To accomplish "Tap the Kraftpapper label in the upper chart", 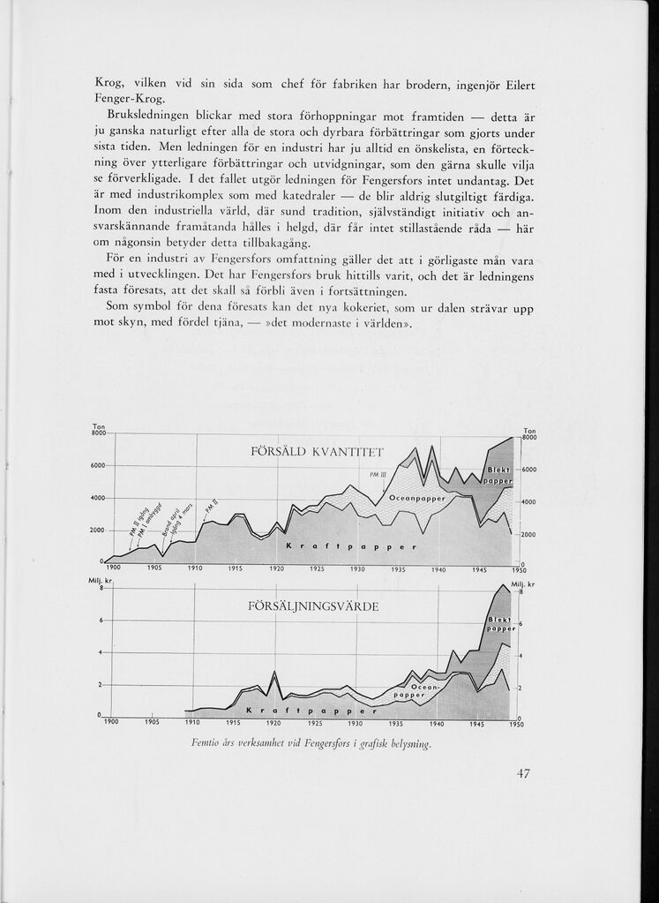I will [x=350, y=547].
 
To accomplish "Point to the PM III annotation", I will [x=367, y=474].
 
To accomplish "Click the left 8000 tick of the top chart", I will [x=97, y=433].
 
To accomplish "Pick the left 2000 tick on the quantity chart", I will [x=97, y=530].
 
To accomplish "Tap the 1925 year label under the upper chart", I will [x=317, y=569].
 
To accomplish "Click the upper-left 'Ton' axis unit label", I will [x=98, y=425].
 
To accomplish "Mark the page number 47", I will [x=523, y=774].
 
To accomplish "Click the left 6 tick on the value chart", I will [x=102, y=621].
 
